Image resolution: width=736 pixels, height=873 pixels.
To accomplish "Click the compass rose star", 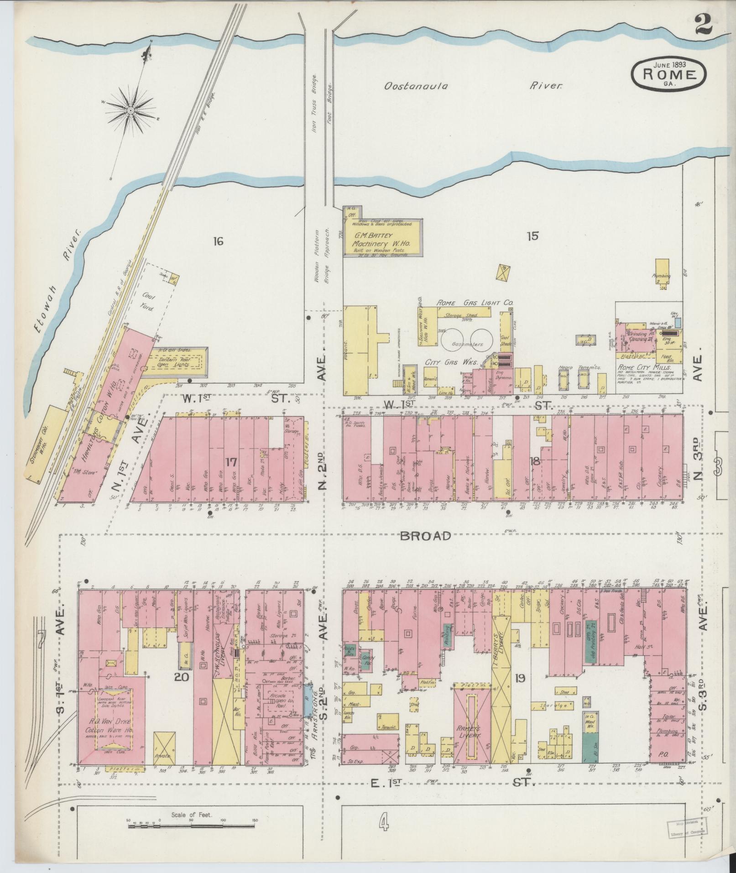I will coord(130,111).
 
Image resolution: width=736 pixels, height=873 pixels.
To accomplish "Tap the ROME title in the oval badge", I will coord(669,75).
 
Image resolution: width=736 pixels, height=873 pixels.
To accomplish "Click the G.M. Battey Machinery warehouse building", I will coord(381,239).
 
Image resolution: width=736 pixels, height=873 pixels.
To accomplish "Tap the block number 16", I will coord(218,241).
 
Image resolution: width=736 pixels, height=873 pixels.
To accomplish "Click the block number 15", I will coord(532,236).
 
